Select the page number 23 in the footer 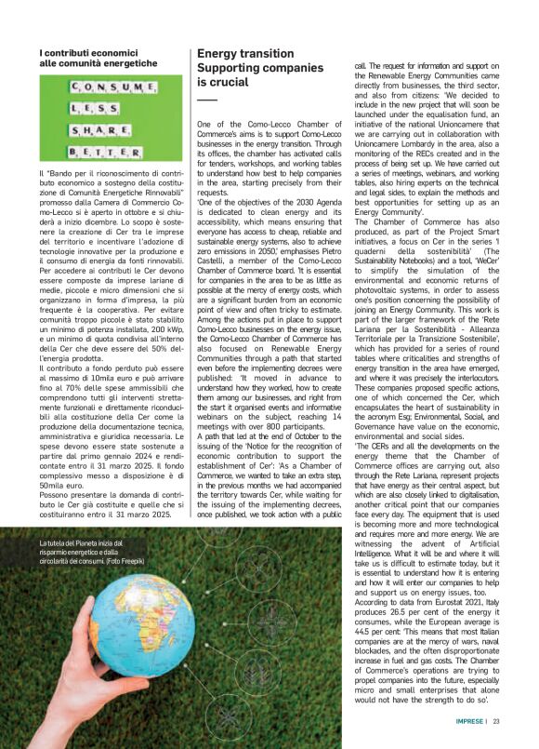(x=496, y=721)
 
